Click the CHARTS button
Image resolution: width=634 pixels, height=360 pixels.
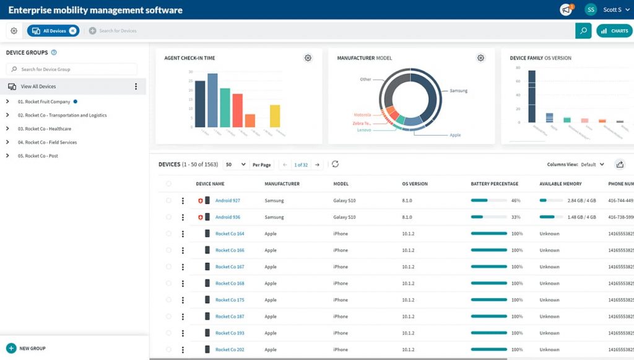point(614,31)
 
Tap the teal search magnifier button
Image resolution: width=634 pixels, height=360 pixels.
point(583,31)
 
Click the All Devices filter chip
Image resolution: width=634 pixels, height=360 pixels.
point(53,31)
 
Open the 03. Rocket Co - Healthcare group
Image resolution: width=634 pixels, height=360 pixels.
point(44,129)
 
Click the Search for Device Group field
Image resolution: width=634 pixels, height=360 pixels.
point(72,69)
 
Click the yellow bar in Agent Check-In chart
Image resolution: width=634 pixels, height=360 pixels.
point(275,115)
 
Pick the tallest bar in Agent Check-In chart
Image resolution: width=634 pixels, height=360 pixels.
point(212,100)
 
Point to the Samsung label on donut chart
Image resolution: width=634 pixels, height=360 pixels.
point(458,91)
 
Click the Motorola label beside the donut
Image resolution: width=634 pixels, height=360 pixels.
point(362,115)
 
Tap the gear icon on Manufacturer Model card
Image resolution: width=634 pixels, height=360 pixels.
point(480,58)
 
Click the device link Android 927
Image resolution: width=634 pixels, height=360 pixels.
point(227,201)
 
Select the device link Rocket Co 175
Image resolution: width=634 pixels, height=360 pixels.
point(230,300)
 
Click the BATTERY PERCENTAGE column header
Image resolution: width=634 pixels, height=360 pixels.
point(494,184)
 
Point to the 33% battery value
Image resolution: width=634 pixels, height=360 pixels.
point(516,217)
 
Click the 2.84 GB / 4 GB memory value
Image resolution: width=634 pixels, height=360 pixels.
point(581,201)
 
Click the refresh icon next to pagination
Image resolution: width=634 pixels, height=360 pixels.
point(336,164)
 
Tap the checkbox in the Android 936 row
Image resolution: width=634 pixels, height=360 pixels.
point(168,217)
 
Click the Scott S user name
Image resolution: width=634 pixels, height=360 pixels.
point(612,10)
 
